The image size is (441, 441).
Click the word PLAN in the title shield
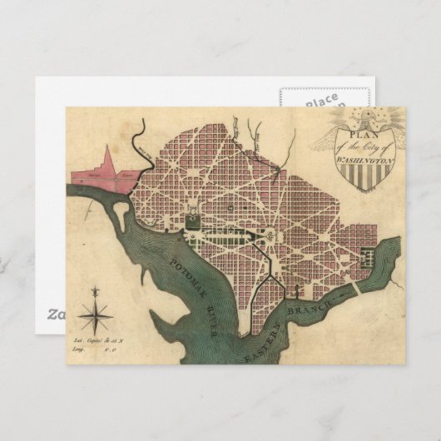[363, 133]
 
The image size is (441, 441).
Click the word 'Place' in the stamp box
[320, 102]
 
